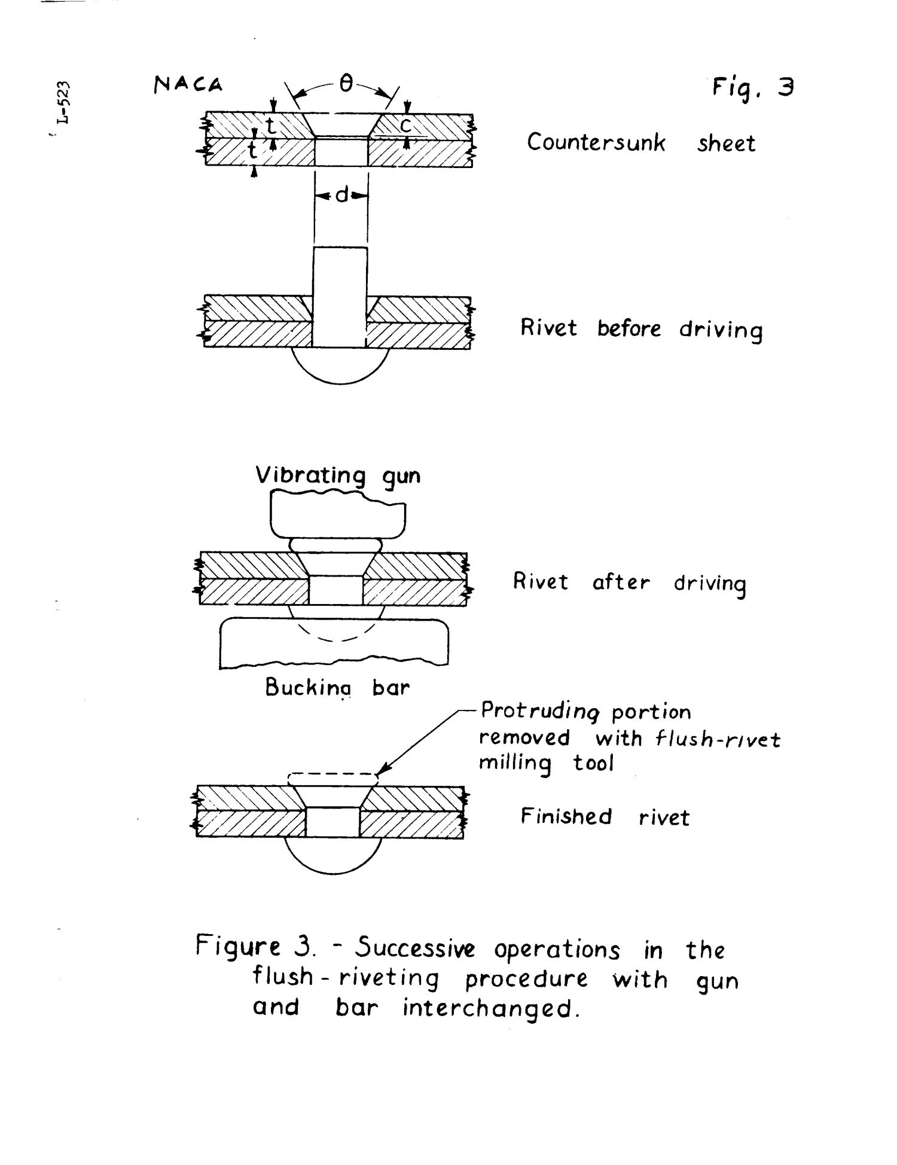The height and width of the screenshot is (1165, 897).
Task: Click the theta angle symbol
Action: click(346, 86)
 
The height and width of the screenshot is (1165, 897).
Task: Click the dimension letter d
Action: click(341, 195)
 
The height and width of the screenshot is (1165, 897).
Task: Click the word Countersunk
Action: click(596, 144)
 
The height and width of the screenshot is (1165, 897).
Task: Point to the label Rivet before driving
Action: click(641, 330)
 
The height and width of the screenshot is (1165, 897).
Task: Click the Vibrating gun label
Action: click(338, 476)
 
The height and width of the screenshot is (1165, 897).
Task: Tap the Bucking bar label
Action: click(337, 688)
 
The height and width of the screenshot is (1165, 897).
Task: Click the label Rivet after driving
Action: click(630, 583)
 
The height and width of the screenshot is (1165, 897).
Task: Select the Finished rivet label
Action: click(605, 817)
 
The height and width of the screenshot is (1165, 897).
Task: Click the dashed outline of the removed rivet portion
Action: click(332, 776)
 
